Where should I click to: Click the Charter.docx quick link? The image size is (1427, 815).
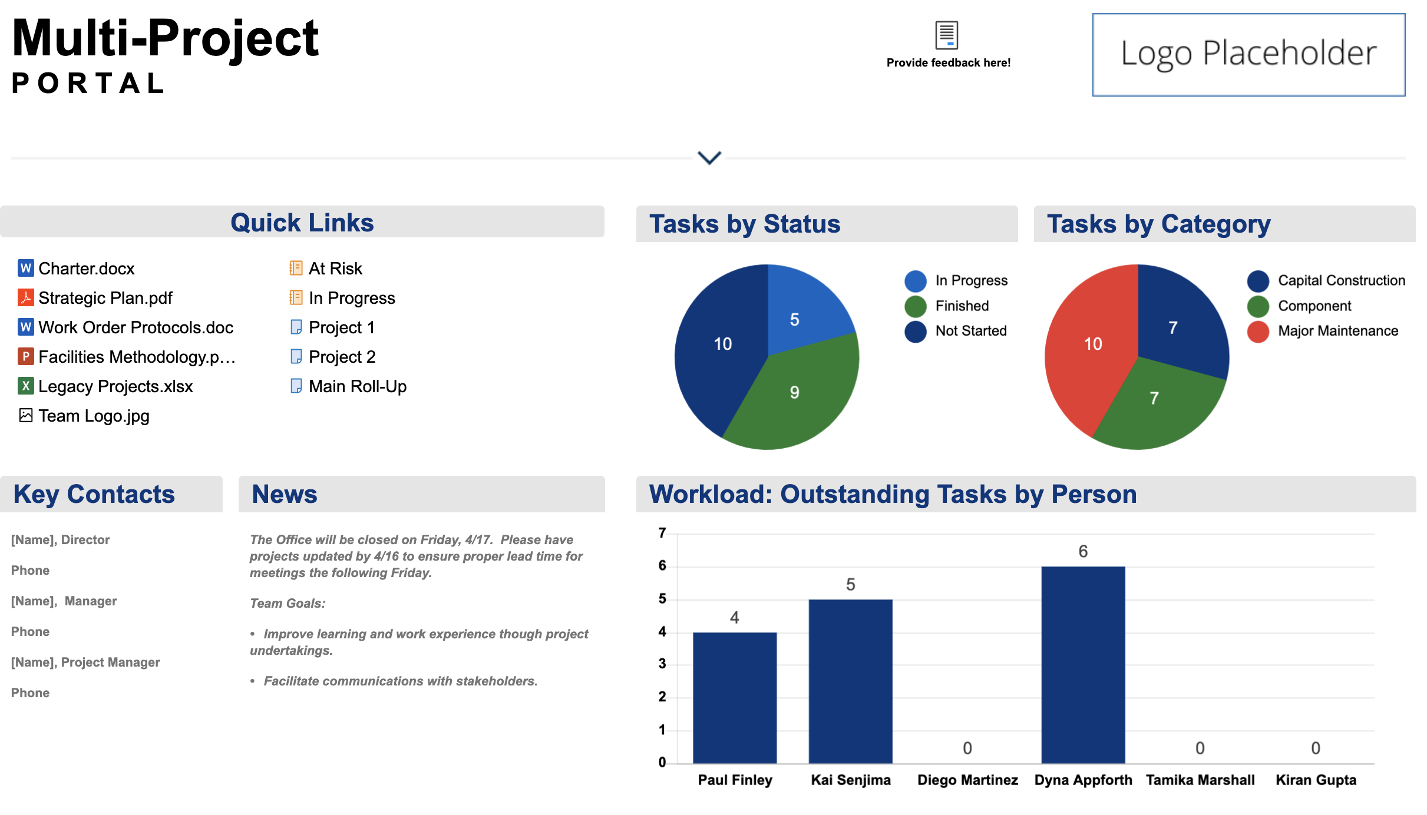tap(86, 269)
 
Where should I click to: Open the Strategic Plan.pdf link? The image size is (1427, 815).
tap(105, 298)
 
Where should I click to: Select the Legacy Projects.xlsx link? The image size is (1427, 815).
tap(115, 386)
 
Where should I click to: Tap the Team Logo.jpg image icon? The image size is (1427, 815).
tap(25, 416)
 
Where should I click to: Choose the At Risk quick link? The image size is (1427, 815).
tap(335, 269)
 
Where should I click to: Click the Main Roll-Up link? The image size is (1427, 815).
tap(357, 386)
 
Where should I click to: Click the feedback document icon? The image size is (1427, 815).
tap(947, 35)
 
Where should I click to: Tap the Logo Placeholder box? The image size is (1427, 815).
tap(1248, 54)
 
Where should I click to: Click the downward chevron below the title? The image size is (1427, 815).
tap(709, 158)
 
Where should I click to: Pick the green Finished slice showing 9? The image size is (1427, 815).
tap(795, 395)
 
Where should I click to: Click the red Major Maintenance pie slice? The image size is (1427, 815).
tap(1090, 347)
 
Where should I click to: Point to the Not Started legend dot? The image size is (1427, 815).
tap(916, 331)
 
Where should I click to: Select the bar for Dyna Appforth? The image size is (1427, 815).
tap(1083, 665)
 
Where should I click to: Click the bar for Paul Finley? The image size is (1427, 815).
tap(735, 698)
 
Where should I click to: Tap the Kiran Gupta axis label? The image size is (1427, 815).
tap(1316, 780)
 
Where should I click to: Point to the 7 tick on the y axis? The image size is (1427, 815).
tap(662, 533)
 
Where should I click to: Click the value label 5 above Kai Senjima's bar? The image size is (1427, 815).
tap(850, 585)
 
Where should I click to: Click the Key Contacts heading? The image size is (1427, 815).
tap(94, 494)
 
